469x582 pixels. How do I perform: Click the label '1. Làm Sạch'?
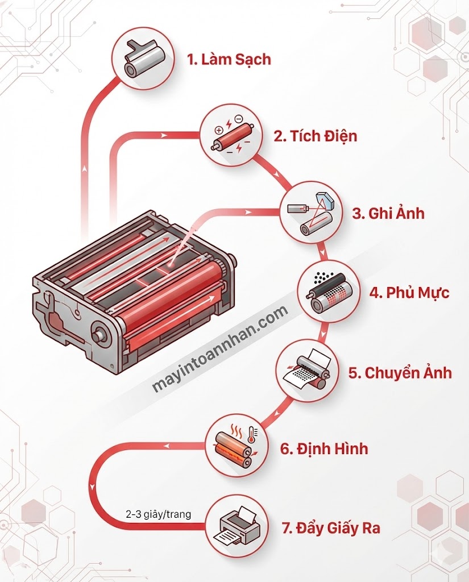[229, 60]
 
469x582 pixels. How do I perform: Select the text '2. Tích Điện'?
[316, 136]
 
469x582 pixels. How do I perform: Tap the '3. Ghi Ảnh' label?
[388, 214]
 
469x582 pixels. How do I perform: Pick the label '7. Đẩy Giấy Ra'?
[331, 528]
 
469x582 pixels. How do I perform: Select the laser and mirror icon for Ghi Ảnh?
[312, 215]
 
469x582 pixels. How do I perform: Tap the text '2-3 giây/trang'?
[158, 515]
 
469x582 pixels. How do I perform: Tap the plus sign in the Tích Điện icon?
[218, 130]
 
